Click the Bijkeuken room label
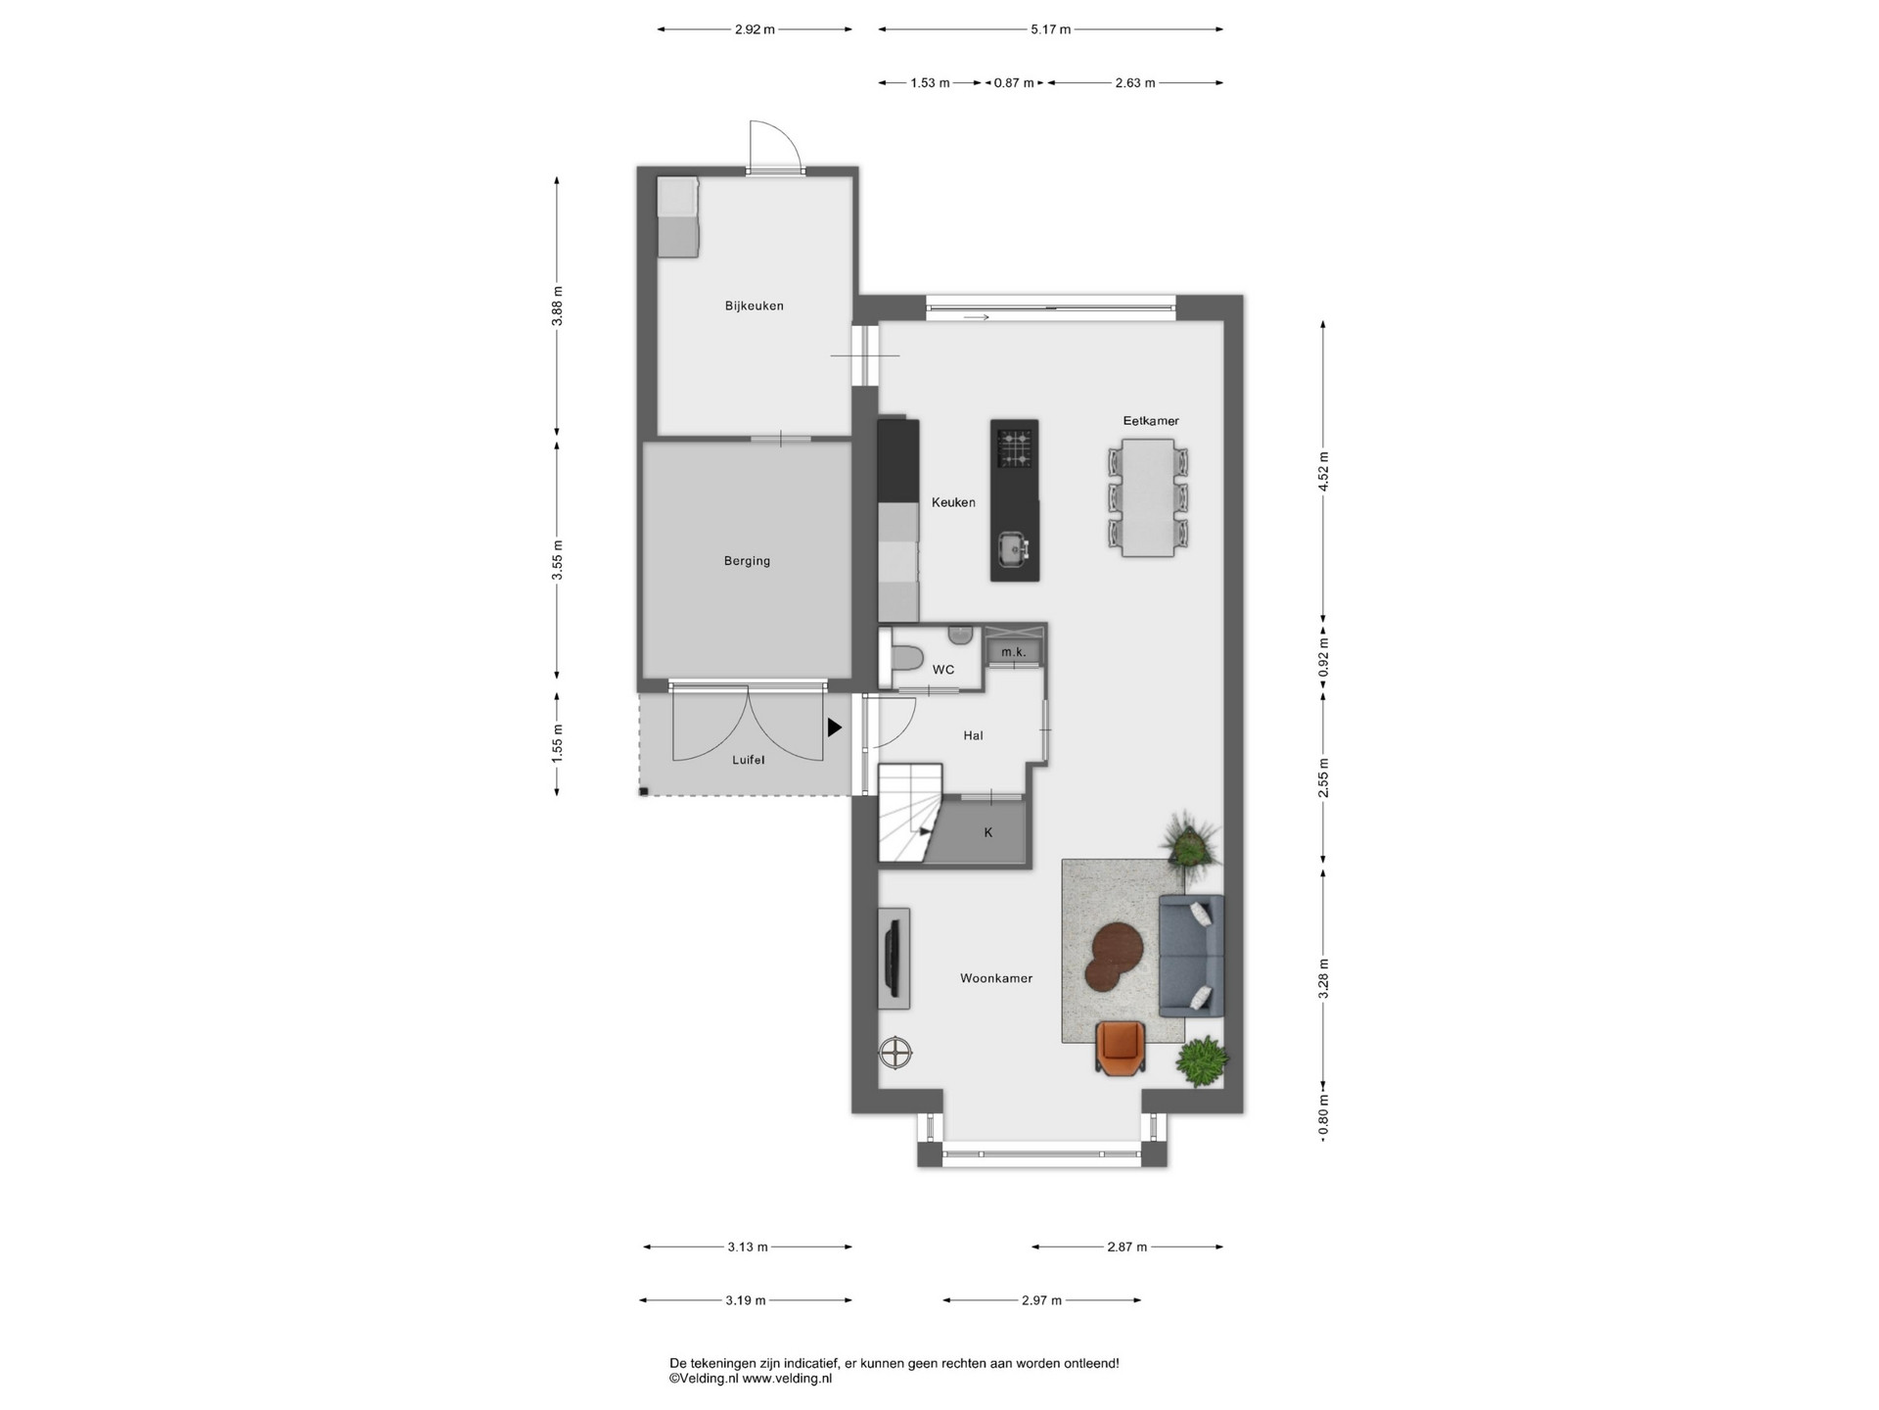754,305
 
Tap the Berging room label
747,561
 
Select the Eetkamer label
1151,421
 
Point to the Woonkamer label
996,978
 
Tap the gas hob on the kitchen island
1014,449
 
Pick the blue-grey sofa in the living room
1191,956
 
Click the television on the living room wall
893,958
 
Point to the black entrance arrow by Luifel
835,728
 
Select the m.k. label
1014,652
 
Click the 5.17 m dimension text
1050,29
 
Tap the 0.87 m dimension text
1014,83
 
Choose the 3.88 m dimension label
558,305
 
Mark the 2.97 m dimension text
1041,1300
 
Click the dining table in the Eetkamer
1148,497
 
